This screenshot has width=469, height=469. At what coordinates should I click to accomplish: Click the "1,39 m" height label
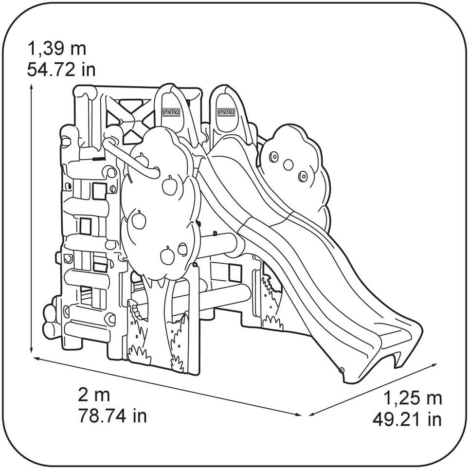pyautogui.click(x=56, y=49)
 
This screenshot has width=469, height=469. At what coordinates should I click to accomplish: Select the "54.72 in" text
pyautogui.click(x=61, y=70)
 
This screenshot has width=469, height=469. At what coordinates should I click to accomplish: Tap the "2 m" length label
pyautogui.click(x=94, y=395)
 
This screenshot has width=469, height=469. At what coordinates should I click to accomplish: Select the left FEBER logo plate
pyautogui.click(x=172, y=112)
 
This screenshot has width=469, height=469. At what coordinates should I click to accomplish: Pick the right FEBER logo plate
pyautogui.click(x=227, y=112)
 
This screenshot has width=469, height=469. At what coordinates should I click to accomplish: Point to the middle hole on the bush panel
pyautogui.click(x=289, y=165)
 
